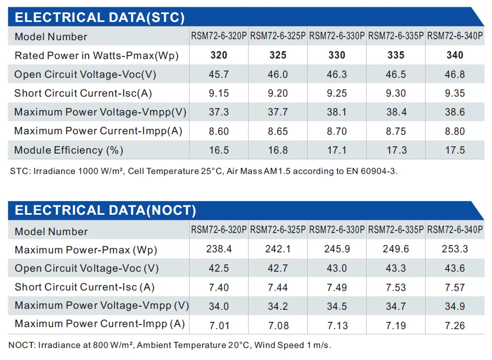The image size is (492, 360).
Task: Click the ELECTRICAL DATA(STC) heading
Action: pyautogui.click(x=99, y=18)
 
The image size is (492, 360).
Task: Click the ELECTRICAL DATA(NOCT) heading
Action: pyautogui.click(x=105, y=211)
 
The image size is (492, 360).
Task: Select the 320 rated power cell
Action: pyautogui.click(x=219, y=55)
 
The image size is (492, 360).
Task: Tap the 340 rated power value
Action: pyautogui.click(x=455, y=55)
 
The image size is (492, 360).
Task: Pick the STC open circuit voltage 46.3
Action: pyautogui.click(x=337, y=74)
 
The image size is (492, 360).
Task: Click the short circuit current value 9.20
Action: pyautogui.click(x=278, y=94)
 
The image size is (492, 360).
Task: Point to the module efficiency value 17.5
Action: pyautogui.click(x=455, y=150)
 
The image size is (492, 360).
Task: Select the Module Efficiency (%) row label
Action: pyautogui.click(x=68, y=150)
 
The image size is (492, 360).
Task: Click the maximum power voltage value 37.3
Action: pyautogui.click(x=219, y=112)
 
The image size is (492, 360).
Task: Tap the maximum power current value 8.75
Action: pyautogui.click(x=396, y=132)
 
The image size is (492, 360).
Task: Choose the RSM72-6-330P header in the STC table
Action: pyautogui.click(x=337, y=36)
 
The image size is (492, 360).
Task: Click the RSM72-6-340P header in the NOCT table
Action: pyautogui.click(x=455, y=230)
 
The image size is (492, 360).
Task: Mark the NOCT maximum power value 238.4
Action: pyautogui.click(x=219, y=249)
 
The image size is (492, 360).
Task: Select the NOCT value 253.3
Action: pyautogui.click(x=455, y=249)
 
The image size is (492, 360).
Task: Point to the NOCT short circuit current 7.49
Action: pyautogui.click(x=337, y=287)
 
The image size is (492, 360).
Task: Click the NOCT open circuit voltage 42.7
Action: pyautogui.click(x=278, y=269)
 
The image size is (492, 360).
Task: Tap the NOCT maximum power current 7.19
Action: pyautogui.click(x=396, y=326)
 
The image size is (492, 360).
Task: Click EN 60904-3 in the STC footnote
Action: pyautogui.click(x=371, y=171)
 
